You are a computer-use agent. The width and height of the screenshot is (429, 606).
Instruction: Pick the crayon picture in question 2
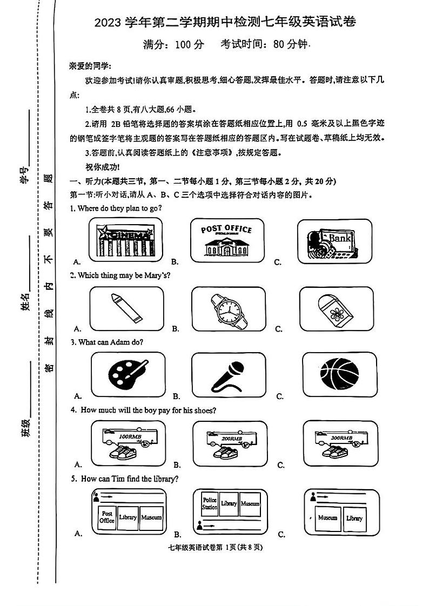[x=126, y=308]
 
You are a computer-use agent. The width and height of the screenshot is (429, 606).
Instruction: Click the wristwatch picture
[x=229, y=308]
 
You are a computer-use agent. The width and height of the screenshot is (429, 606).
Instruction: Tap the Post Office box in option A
[x=107, y=517]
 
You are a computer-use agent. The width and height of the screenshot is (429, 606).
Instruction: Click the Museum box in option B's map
[x=250, y=504]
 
